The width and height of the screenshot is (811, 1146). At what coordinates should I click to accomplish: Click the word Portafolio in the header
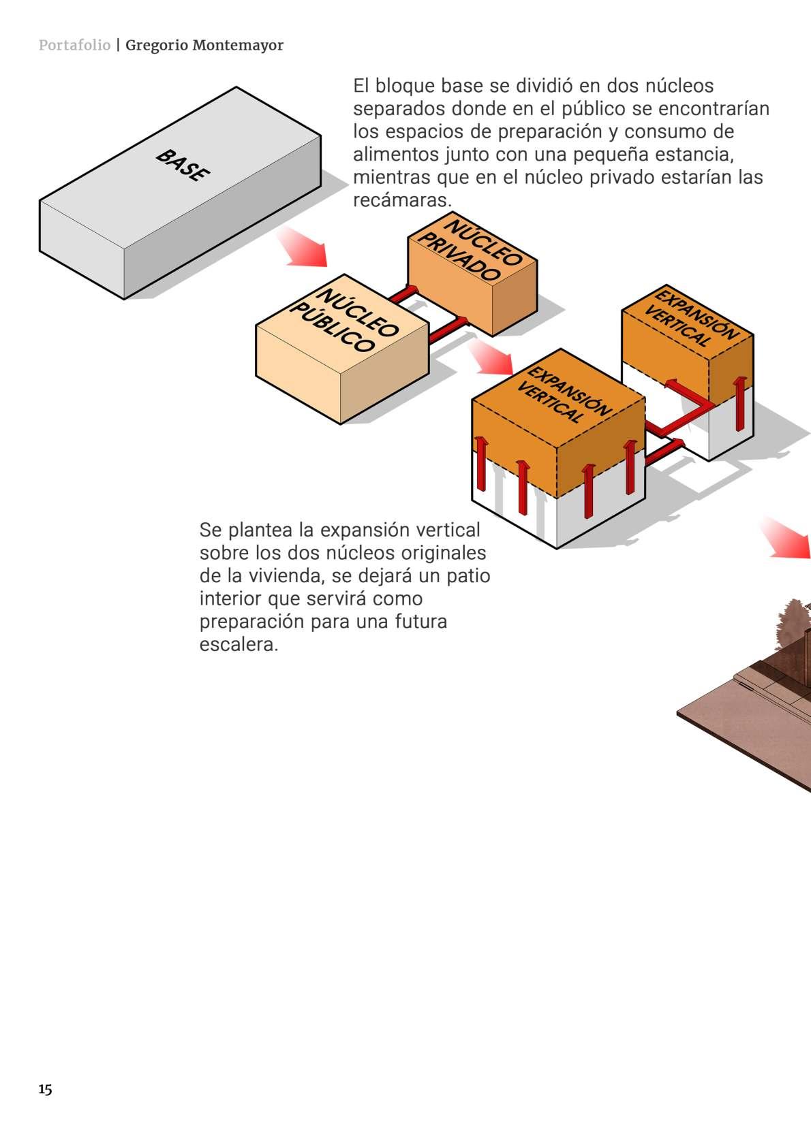tap(74, 46)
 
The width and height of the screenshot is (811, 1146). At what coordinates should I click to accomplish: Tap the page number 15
tap(45, 1089)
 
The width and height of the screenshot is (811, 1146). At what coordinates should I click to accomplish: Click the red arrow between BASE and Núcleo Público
tap(303, 247)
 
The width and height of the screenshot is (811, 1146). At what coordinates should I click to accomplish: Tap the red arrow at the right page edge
tap(789, 539)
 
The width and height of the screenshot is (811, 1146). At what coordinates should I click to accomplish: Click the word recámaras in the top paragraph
tap(401, 201)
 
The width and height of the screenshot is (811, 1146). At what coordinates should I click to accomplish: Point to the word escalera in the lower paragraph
tap(239, 645)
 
